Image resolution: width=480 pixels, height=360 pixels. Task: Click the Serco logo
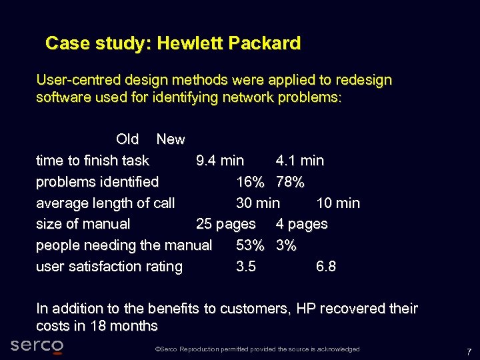37,345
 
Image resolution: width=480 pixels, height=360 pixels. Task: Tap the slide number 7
469,351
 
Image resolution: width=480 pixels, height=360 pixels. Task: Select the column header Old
127,139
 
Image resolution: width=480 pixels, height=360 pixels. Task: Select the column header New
170,139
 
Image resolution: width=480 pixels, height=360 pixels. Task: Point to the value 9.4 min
220,161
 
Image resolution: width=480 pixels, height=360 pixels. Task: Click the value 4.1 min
300,161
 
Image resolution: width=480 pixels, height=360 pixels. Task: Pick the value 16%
250,182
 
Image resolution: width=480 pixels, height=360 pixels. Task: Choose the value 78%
290,182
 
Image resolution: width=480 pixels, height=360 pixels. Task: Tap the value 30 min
258,203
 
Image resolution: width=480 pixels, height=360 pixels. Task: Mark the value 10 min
338,203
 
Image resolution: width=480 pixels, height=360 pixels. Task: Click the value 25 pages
226,224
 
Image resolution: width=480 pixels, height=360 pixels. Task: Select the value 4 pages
302,224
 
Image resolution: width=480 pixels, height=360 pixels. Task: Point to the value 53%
250,245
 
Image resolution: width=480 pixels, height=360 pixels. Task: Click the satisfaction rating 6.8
326,267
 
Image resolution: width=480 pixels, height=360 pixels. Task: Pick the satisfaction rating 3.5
246,267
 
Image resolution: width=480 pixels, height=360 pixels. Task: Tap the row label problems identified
97,182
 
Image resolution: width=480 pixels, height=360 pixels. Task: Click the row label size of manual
83,224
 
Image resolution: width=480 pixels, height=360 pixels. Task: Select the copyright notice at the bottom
257,349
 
